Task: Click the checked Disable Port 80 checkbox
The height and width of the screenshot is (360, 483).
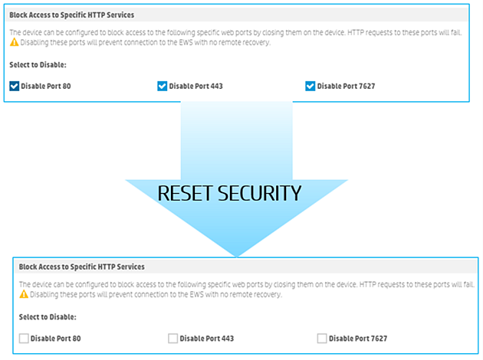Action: [15, 86]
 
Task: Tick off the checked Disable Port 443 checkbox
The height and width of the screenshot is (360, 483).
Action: [162, 86]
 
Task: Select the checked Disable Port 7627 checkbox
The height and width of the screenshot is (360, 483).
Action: [310, 86]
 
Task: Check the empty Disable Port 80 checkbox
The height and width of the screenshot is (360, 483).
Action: [24, 337]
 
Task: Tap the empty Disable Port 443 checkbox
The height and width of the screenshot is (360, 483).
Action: [172, 337]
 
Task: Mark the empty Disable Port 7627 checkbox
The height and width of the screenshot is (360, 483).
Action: [321, 337]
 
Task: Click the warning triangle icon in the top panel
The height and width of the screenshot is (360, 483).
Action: [14, 42]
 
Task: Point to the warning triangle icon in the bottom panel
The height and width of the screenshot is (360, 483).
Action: [24, 293]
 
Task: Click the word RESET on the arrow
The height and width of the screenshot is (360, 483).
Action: [188, 193]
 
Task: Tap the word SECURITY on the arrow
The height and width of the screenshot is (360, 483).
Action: [262, 193]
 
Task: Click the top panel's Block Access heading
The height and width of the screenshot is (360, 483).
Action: [73, 15]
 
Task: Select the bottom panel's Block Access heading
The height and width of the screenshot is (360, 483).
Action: [82, 266]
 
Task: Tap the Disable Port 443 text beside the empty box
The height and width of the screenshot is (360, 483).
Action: [207, 337]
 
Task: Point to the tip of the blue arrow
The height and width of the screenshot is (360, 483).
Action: [237, 254]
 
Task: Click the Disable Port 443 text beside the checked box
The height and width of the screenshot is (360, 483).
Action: [196, 86]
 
